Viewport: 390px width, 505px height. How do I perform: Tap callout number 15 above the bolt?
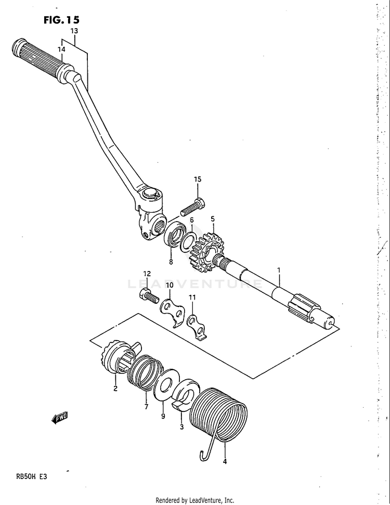(198, 179)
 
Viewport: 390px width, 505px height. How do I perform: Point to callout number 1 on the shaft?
(279, 270)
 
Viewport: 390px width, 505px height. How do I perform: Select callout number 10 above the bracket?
(170, 285)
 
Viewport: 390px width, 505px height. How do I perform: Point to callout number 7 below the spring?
(147, 406)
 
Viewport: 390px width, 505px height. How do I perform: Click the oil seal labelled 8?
(174, 234)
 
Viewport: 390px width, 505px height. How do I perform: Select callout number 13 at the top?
(74, 31)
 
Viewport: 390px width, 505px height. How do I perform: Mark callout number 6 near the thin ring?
(191, 221)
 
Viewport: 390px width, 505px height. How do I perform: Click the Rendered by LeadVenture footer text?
(194, 500)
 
